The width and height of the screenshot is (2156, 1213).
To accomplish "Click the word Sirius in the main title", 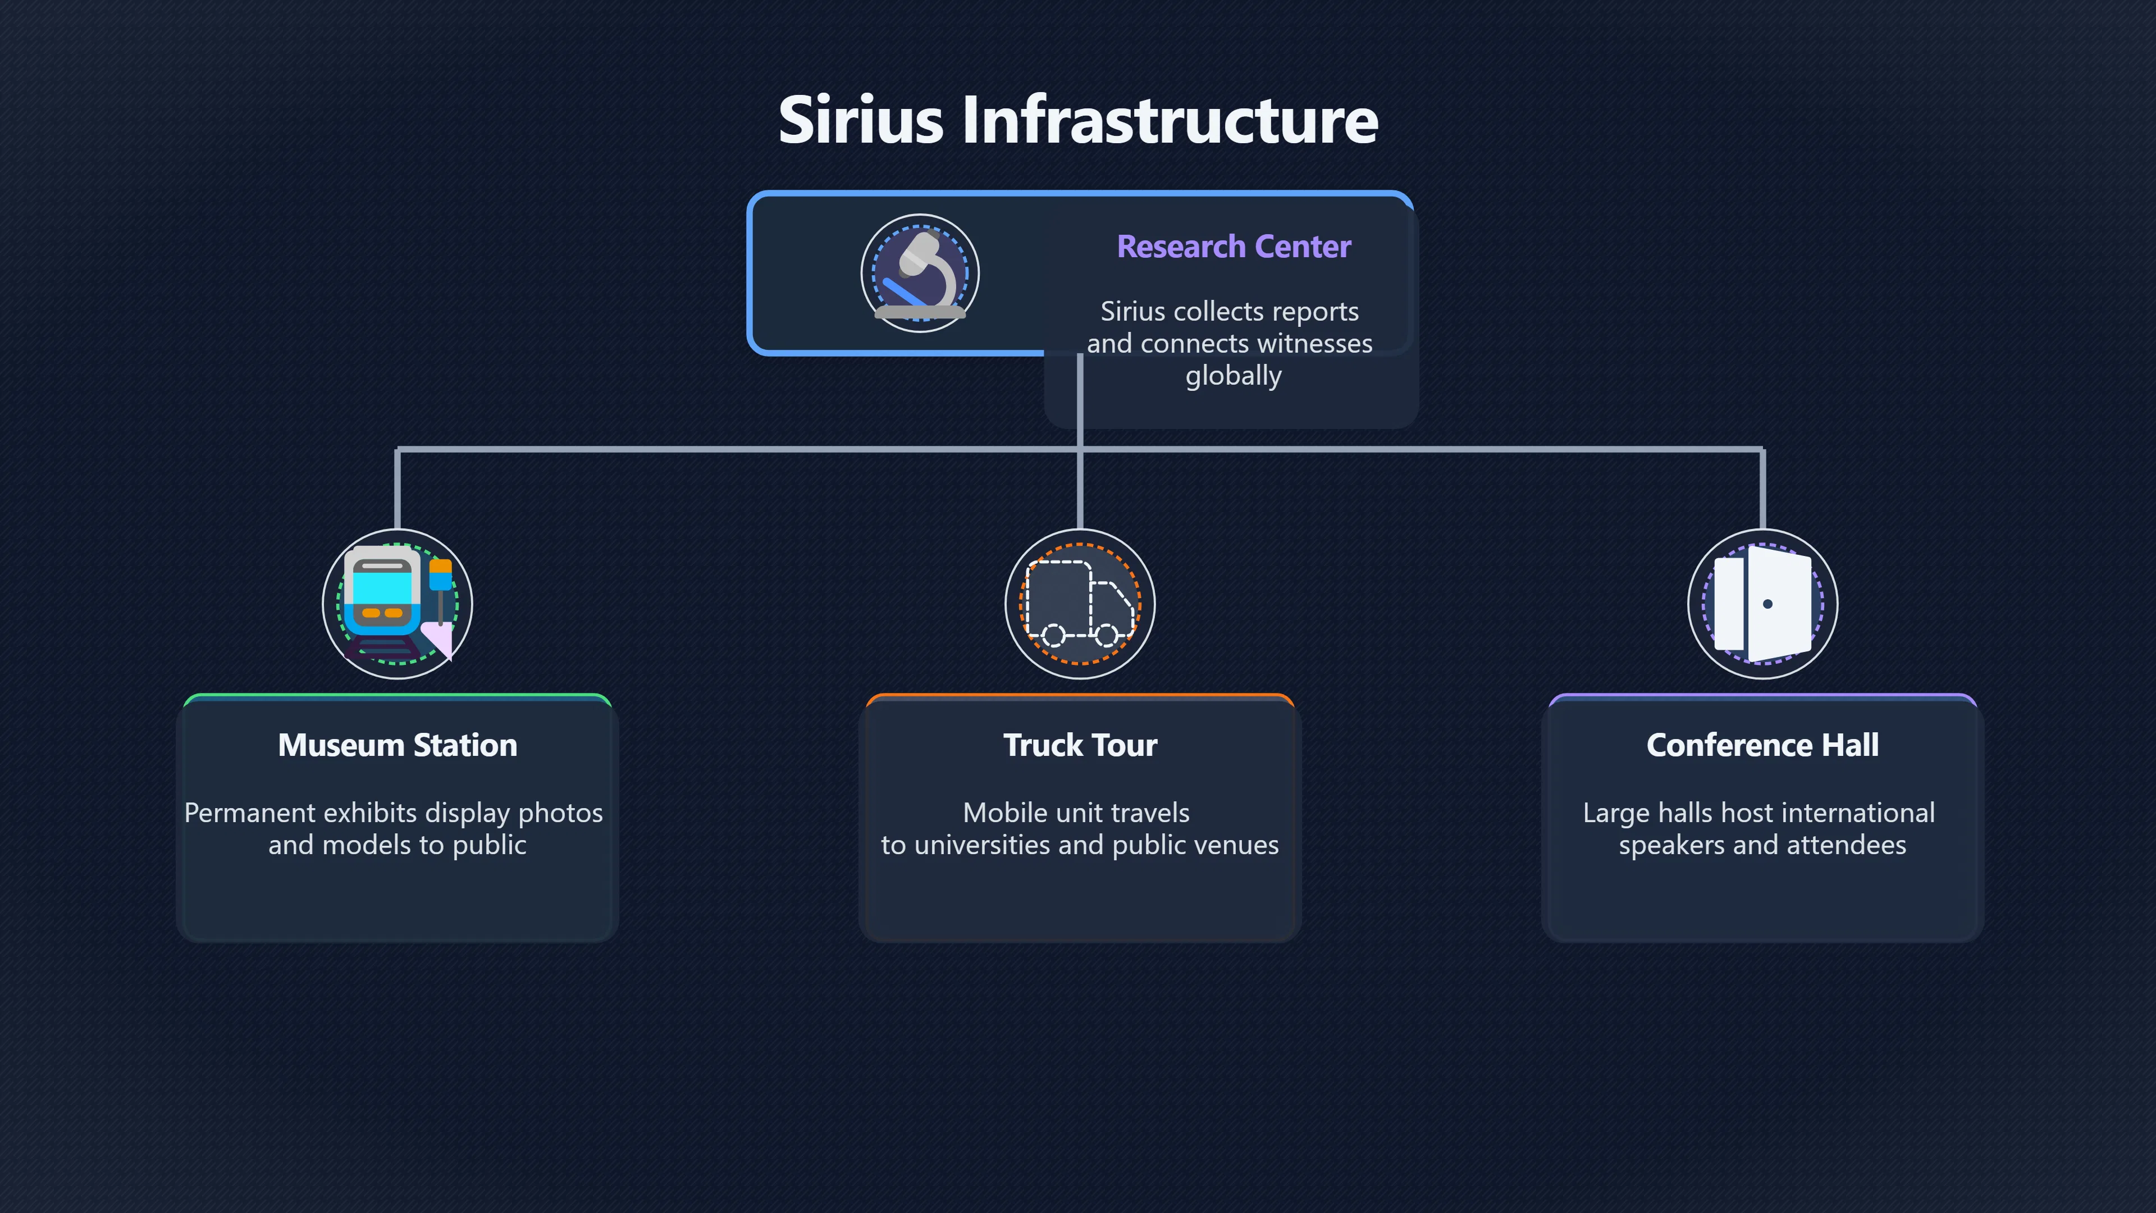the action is point(860,120).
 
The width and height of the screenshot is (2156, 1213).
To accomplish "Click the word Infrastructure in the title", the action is point(1170,120).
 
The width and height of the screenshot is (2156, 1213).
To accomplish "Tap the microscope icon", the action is point(920,273).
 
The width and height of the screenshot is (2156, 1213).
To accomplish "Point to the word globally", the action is point(1234,376).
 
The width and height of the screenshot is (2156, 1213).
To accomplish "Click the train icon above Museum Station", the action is point(398,604).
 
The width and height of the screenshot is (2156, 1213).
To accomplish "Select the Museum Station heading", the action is point(398,745).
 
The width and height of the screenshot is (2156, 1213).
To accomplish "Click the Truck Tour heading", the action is point(1080,745).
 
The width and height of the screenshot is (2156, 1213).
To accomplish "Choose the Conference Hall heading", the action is point(1762,745).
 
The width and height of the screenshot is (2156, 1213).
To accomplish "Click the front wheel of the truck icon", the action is point(1107,635).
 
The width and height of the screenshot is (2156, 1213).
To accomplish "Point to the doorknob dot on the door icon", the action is point(1767,604).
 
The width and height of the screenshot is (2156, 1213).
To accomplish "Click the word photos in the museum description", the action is point(561,813).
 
